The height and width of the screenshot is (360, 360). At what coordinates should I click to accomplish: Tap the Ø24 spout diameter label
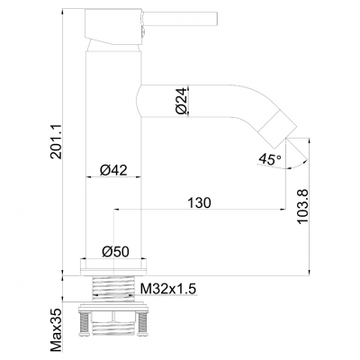click(182, 102)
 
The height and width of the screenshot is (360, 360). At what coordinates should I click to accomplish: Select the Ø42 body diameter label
click(113, 170)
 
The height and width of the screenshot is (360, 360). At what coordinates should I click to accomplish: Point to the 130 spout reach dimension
click(199, 202)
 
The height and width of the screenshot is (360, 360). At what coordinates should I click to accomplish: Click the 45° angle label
click(270, 158)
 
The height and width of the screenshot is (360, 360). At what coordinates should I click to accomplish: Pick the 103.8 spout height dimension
click(302, 206)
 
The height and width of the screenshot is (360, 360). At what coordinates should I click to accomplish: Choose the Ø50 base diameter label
click(115, 251)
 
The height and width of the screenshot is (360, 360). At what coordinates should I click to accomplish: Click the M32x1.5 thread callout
click(168, 289)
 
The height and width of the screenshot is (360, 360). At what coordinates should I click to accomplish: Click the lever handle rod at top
click(179, 19)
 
